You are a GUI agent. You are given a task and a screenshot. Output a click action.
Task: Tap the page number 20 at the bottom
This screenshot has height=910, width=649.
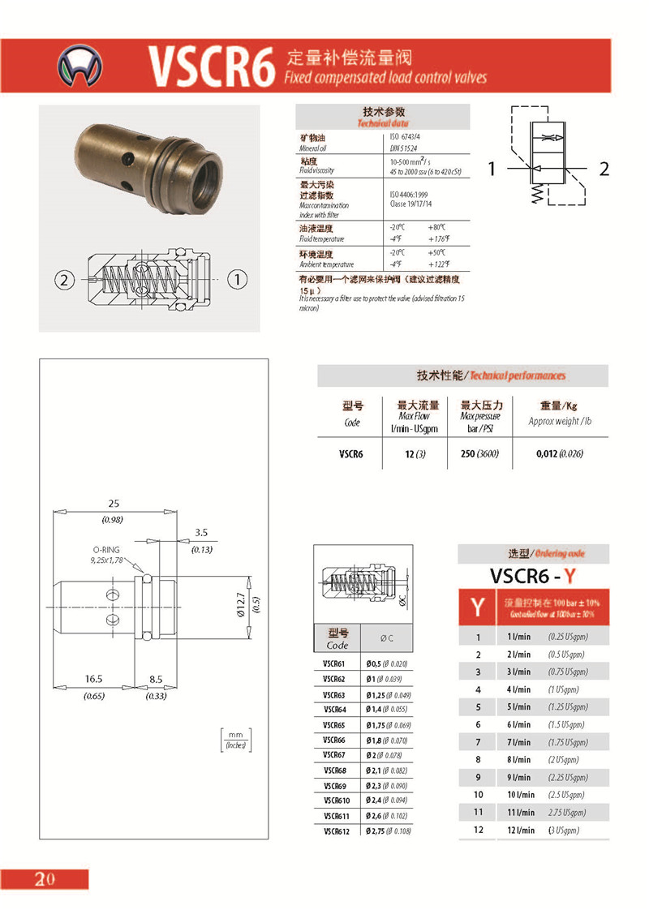[x=44, y=879]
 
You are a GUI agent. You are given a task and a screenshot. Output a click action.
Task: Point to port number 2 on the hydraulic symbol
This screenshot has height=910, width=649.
[x=603, y=169]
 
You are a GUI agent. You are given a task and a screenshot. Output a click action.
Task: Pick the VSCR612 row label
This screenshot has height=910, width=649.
[x=337, y=831]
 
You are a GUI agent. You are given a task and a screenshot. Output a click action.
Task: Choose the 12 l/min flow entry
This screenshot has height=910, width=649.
[x=520, y=830]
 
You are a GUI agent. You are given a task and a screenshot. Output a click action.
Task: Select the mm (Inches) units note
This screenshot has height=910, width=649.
[x=236, y=739]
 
